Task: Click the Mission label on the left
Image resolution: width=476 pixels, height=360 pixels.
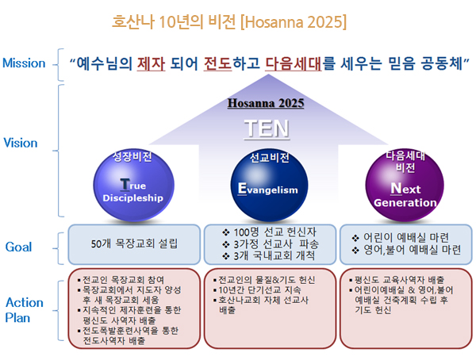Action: click(24, 63)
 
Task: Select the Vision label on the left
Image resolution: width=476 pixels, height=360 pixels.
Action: click(21, 143)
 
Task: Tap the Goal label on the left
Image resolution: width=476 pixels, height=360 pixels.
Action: click(18, 247)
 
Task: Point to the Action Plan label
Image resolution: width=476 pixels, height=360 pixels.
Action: click(25, 310)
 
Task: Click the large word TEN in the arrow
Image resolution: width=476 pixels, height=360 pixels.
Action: click(267, 128)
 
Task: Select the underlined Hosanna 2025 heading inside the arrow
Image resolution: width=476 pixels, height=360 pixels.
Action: click(266, 103)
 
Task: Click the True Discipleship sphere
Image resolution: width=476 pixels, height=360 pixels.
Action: click(133, 186)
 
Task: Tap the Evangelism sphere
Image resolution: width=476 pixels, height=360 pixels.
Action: click(269, 186)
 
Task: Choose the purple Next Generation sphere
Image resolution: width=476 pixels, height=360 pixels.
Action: click(405, 185)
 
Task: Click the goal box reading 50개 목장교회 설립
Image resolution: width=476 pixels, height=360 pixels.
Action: click(134, 244)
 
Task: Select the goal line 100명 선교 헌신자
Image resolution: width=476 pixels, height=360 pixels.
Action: click(270, 232)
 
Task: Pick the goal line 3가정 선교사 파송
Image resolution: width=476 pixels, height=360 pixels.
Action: click(271, 244)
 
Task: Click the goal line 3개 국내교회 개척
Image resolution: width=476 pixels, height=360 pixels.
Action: click(269, 255)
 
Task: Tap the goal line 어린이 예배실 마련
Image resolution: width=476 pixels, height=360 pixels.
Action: click(401, 238)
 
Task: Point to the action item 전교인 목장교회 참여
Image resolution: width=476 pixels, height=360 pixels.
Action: click(121, 280)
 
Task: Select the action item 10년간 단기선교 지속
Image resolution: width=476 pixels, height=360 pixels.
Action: click(257, 290)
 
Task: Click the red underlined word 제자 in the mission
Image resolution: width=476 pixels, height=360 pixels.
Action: click(152, 63)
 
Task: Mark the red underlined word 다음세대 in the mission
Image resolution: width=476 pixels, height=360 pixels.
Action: click(294, 63)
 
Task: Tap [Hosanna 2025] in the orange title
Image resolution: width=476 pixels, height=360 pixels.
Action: click(294, 22)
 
